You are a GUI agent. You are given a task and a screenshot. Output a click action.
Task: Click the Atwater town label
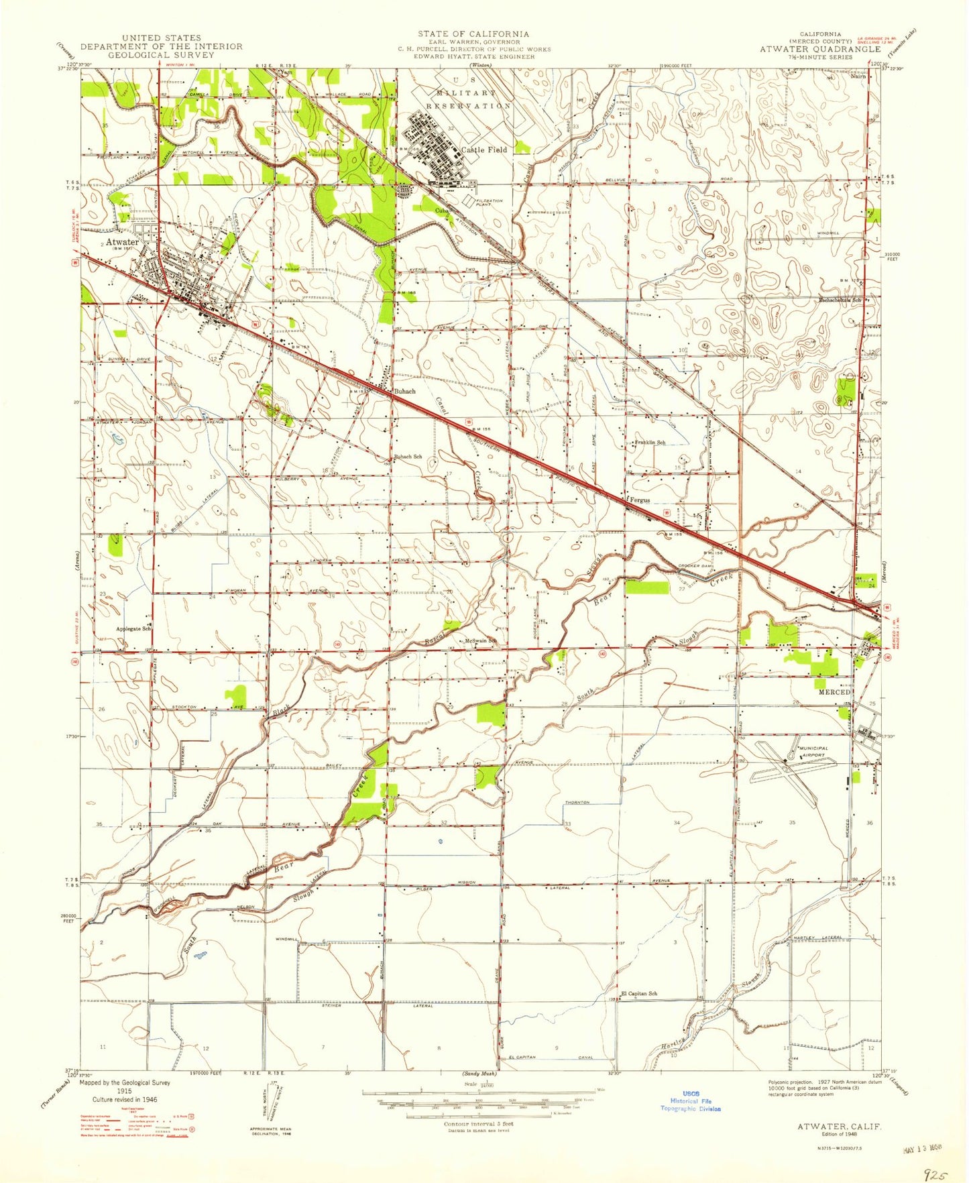click(121, 242)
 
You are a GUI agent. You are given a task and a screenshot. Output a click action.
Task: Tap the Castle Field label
click(484, 150)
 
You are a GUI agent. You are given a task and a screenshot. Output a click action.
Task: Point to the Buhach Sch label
click(408, 457)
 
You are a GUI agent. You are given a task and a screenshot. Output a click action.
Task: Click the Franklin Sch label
click(650, 442)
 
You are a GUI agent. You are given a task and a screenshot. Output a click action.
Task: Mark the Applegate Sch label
click(133, 628)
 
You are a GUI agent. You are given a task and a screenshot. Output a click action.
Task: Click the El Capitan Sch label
click(638, 993)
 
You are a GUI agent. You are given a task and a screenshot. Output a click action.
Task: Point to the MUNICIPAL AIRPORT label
click(813, 751)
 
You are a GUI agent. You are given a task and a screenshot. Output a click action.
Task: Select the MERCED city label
click(833, 691)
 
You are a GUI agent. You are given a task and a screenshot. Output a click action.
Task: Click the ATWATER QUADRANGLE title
click(819, 49)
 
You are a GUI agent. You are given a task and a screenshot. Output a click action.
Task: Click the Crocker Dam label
click(697, 566)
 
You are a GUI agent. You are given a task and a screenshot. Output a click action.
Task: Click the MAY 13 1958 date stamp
click(919, 1147)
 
